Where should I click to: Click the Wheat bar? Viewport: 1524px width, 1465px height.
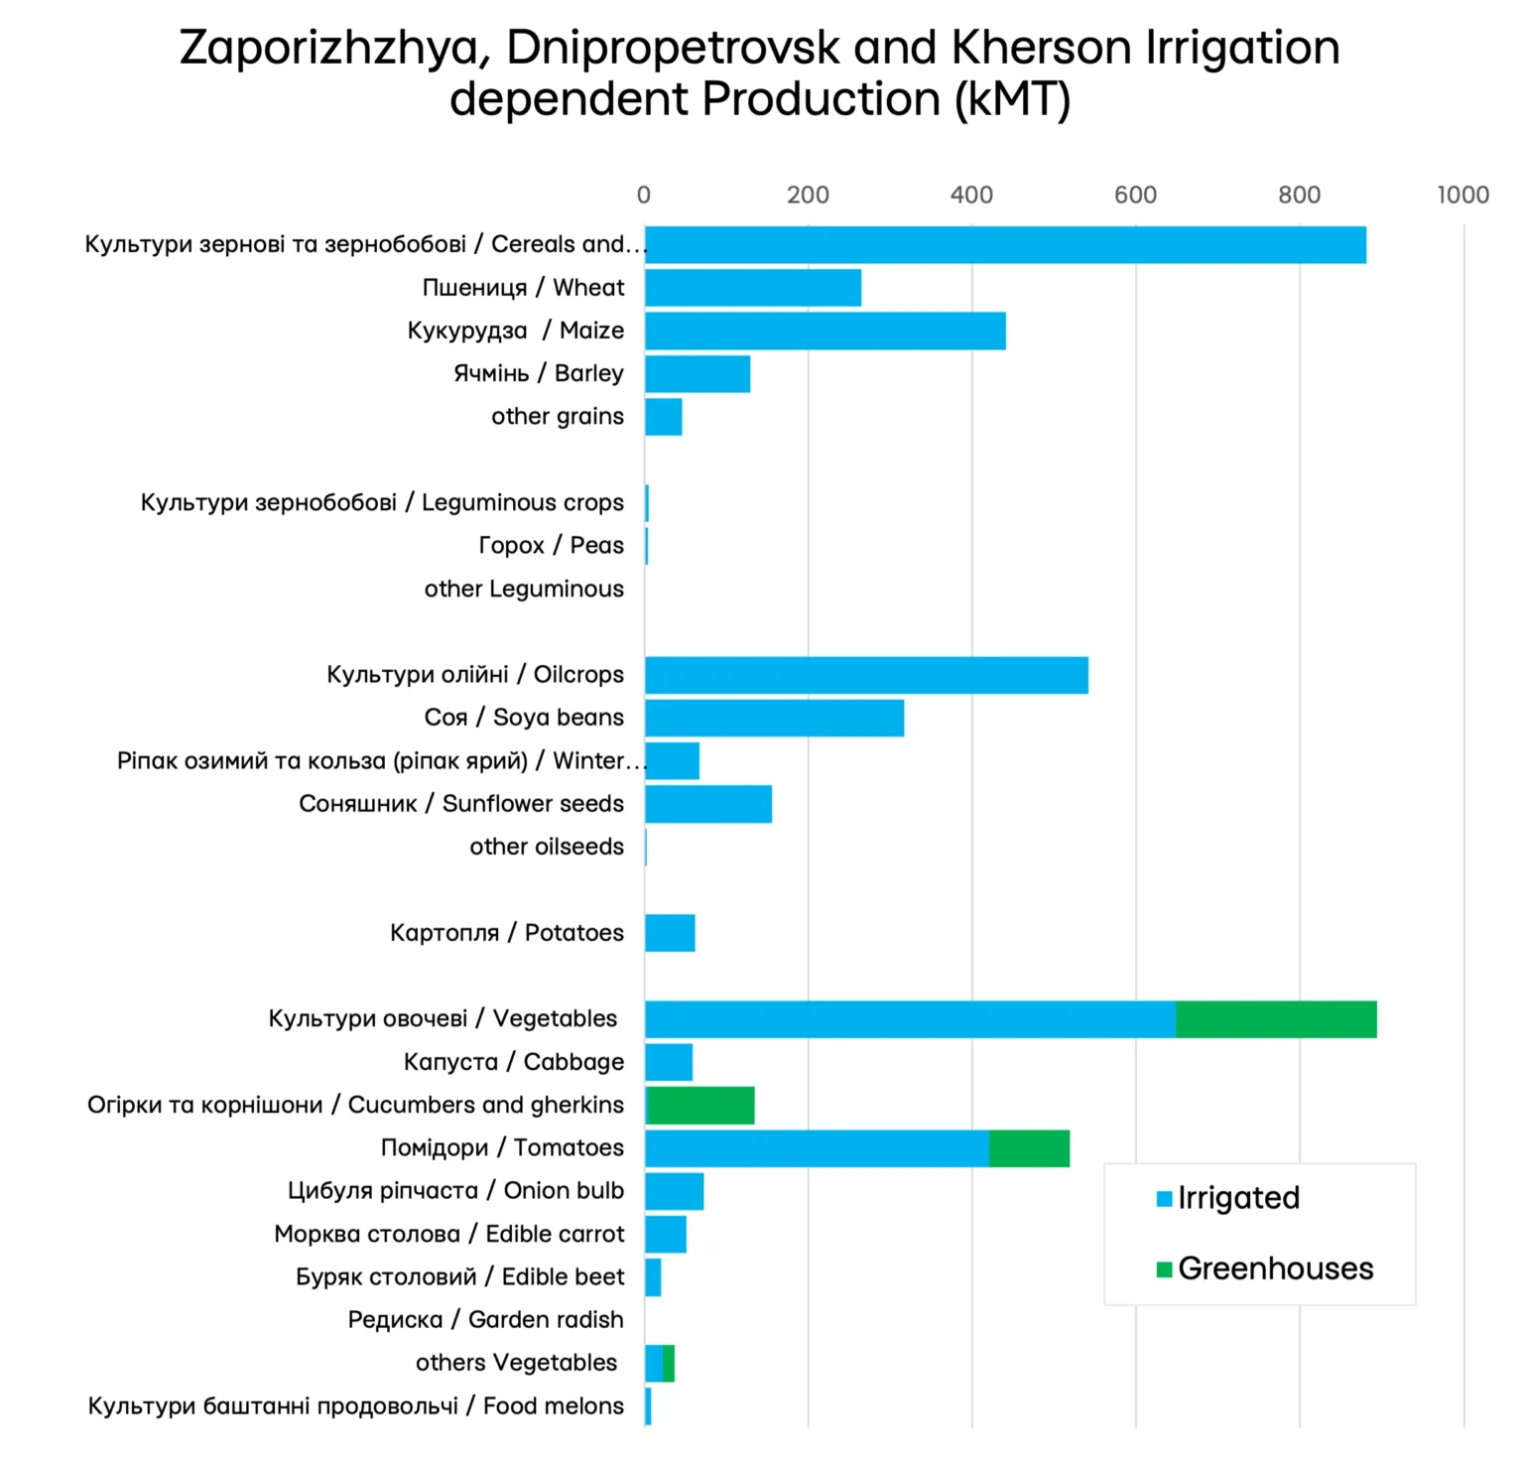(752, 288)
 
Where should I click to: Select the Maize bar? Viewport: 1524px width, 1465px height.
(825, 331)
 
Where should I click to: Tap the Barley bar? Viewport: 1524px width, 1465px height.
(697, 374)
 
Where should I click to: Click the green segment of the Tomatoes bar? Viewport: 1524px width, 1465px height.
(1029, 1148)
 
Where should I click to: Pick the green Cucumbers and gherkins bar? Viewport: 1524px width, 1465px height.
(700, 1106)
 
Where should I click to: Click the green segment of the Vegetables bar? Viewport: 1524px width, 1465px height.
(1276, 1019)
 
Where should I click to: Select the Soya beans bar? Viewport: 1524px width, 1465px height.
(774, 718)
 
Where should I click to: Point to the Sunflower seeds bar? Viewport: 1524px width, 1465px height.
(707, 804)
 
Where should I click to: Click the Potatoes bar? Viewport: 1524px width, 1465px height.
(670, 933)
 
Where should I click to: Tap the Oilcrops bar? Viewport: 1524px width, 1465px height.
(866, 675)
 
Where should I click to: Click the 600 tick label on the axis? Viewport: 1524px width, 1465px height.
(1135, 195)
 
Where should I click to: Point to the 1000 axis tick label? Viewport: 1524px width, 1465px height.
(1462, 195)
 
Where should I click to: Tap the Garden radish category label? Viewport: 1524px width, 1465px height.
(485, 1320)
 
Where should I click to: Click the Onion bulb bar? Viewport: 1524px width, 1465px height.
(674, 1191)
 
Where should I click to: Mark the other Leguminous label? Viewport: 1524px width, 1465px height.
(524, 590)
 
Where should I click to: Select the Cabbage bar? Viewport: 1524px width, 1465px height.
(669, 1062)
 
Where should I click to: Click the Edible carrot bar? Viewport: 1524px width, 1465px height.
(665, 1235)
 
